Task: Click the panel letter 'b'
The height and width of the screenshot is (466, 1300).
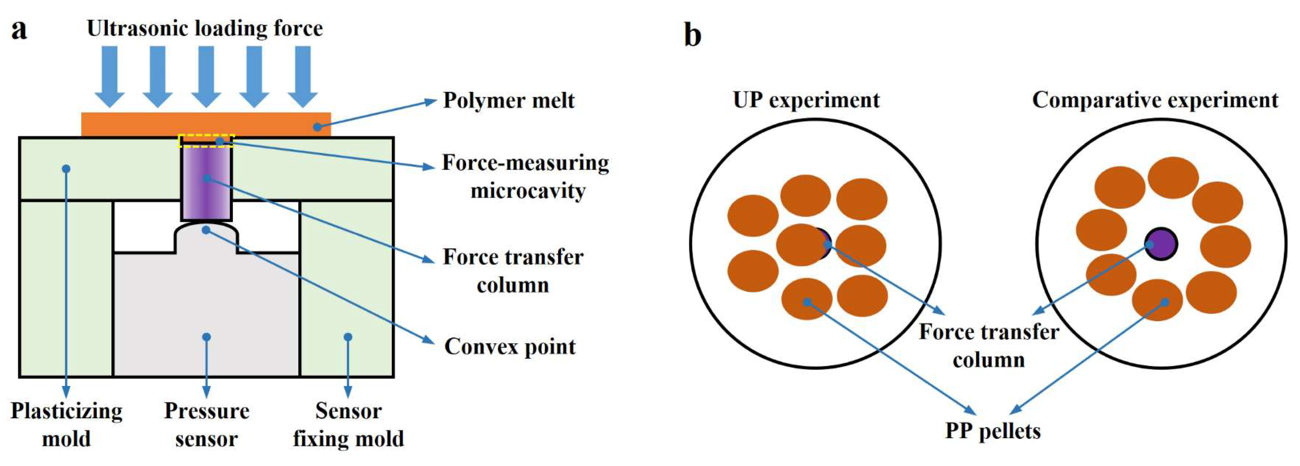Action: coord(692,35)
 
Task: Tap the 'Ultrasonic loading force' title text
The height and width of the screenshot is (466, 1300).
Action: coord(204,28)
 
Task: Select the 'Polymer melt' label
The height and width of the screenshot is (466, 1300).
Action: coord(508,100)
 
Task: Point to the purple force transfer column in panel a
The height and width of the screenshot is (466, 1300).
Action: coord(206,184)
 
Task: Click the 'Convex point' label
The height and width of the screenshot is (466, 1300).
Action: coord(510,347)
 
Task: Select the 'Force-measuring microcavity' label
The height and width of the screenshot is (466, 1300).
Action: coord(526,176)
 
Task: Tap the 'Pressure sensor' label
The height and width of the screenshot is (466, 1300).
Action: coord(206,425)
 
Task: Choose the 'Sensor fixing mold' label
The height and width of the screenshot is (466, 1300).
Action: coord(348,425)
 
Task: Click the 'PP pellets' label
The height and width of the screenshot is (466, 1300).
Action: coord(993,431)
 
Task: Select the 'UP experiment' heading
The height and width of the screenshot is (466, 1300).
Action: coord(806,100)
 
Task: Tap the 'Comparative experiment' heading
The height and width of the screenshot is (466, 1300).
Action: coord(1155,100)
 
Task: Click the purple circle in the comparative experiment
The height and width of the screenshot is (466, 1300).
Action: coord(1161,244)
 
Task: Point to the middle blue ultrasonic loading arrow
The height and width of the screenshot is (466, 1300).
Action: coord(206,76)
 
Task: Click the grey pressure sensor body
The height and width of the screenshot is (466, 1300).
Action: coord(206,313)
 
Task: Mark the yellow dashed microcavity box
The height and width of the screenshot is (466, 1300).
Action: coord(206,141)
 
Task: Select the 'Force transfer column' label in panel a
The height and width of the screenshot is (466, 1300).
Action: coord(513,271)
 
